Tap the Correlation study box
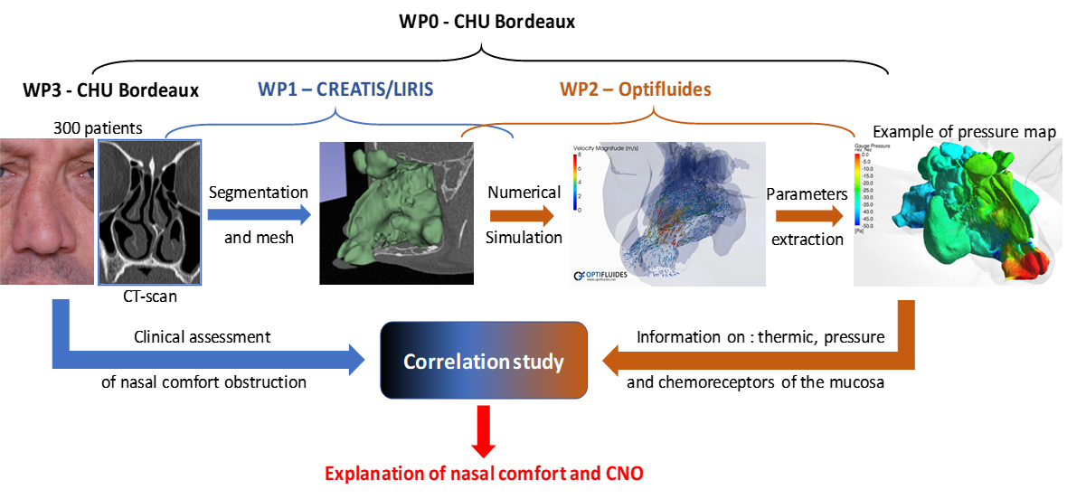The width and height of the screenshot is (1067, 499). click(x=484, y=362)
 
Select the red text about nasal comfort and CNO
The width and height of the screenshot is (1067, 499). click(x=484, y=473)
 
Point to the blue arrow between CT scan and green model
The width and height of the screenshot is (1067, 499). click(x=257, y=215)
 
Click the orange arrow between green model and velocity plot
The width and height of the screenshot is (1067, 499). click(x=523, y=216)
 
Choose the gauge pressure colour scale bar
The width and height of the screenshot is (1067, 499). click(x=857, y=191)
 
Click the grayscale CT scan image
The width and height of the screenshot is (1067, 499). click(x=149, y=212)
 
